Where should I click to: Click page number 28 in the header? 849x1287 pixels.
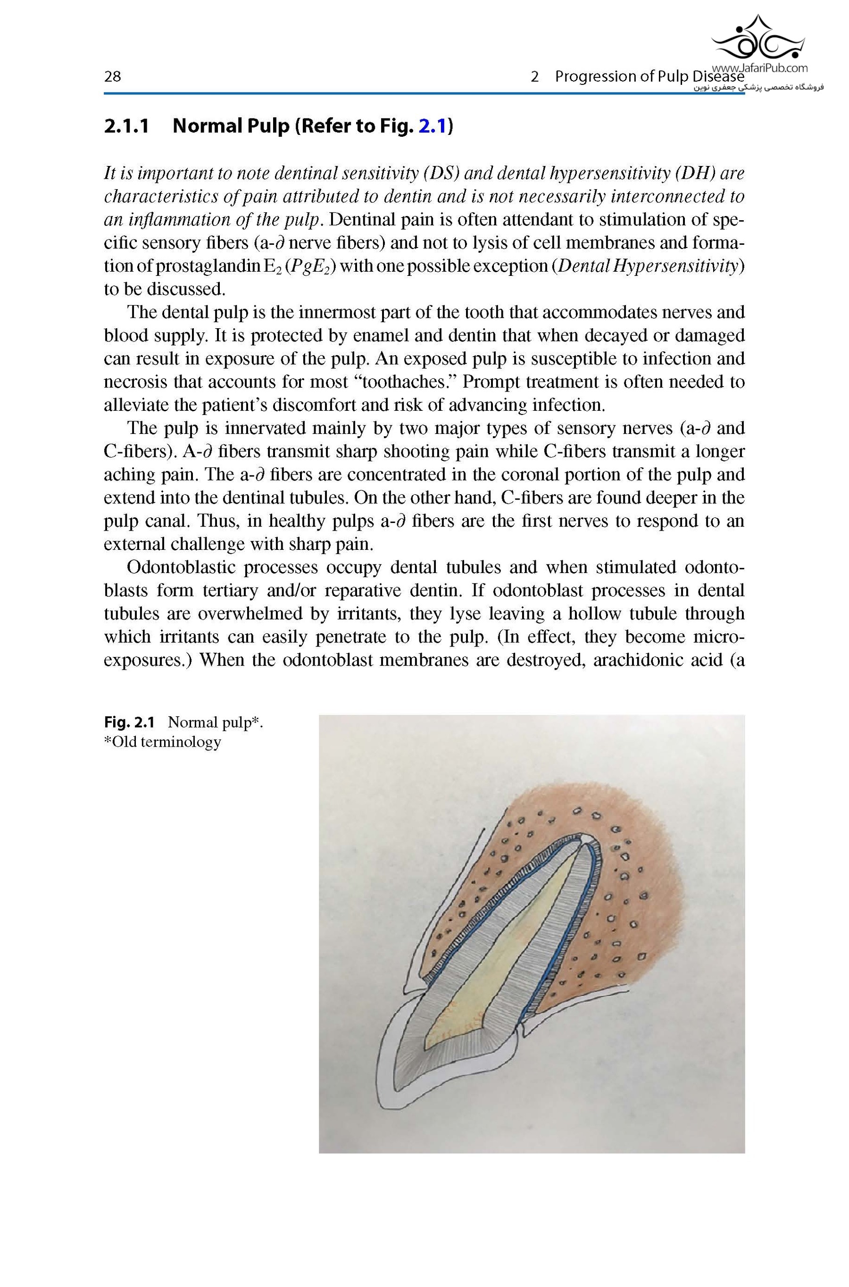(x=112, y=77)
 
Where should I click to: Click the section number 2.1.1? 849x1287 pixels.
(x=126, y=126)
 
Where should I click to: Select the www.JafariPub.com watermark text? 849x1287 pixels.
(x=760, y=68)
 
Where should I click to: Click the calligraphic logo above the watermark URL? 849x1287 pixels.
(x=757, y=37)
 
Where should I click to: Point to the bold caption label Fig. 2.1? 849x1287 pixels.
(x=129, y=722)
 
